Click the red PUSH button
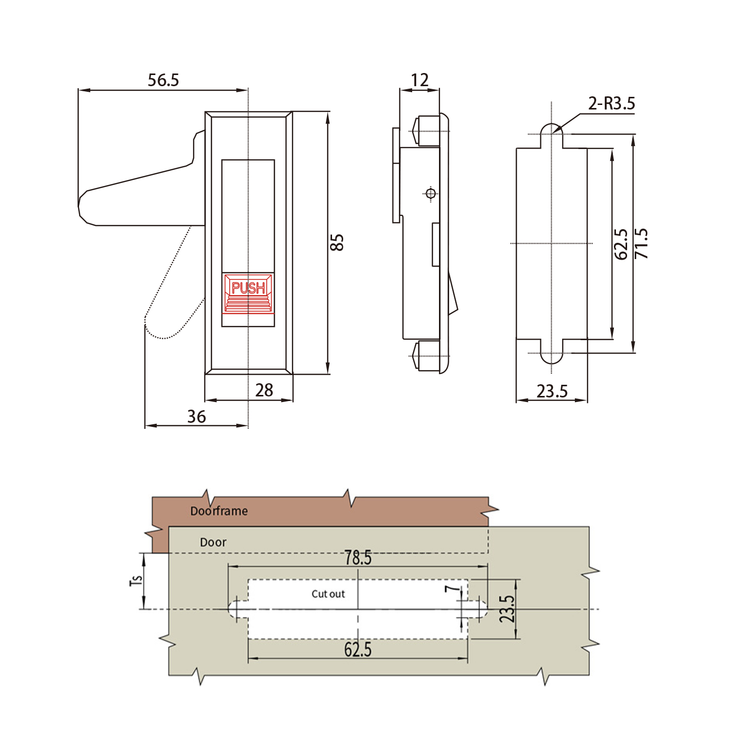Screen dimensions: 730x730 click(x=248, y=293)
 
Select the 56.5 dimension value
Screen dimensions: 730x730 click(x=163, y=80)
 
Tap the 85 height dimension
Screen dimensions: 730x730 click(x=337, y=242)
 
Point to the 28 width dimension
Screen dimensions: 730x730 click(x=264, y=390)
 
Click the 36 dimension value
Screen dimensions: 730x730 click(x=196, y=416)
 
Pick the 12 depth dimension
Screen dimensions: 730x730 click(x=419, y=80)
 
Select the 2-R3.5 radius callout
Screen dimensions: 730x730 click(x=611, y=103)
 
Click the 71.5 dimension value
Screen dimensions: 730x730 click(x=641, y=243)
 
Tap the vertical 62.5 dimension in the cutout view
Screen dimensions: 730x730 click(x=620, y=244)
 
